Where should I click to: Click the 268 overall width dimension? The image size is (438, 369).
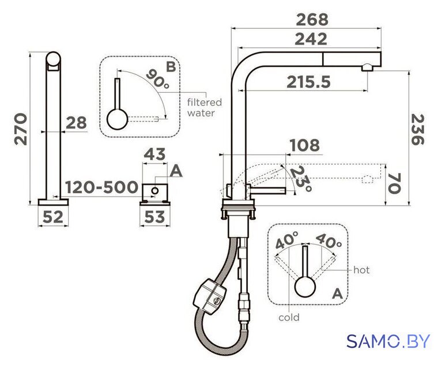point(312,20)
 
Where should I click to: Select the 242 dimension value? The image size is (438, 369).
point(311,39)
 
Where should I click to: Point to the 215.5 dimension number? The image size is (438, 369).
point(309,82)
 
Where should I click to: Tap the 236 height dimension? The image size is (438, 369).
point(418,129)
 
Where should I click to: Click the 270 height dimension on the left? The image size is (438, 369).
point(21,129)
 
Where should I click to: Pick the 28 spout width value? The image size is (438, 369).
point(76,123)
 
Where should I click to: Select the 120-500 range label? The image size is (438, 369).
point(101,187)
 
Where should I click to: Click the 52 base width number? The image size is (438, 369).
point(53,217)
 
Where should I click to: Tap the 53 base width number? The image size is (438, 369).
point(154,217)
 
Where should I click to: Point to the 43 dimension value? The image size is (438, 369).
point(154,155)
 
